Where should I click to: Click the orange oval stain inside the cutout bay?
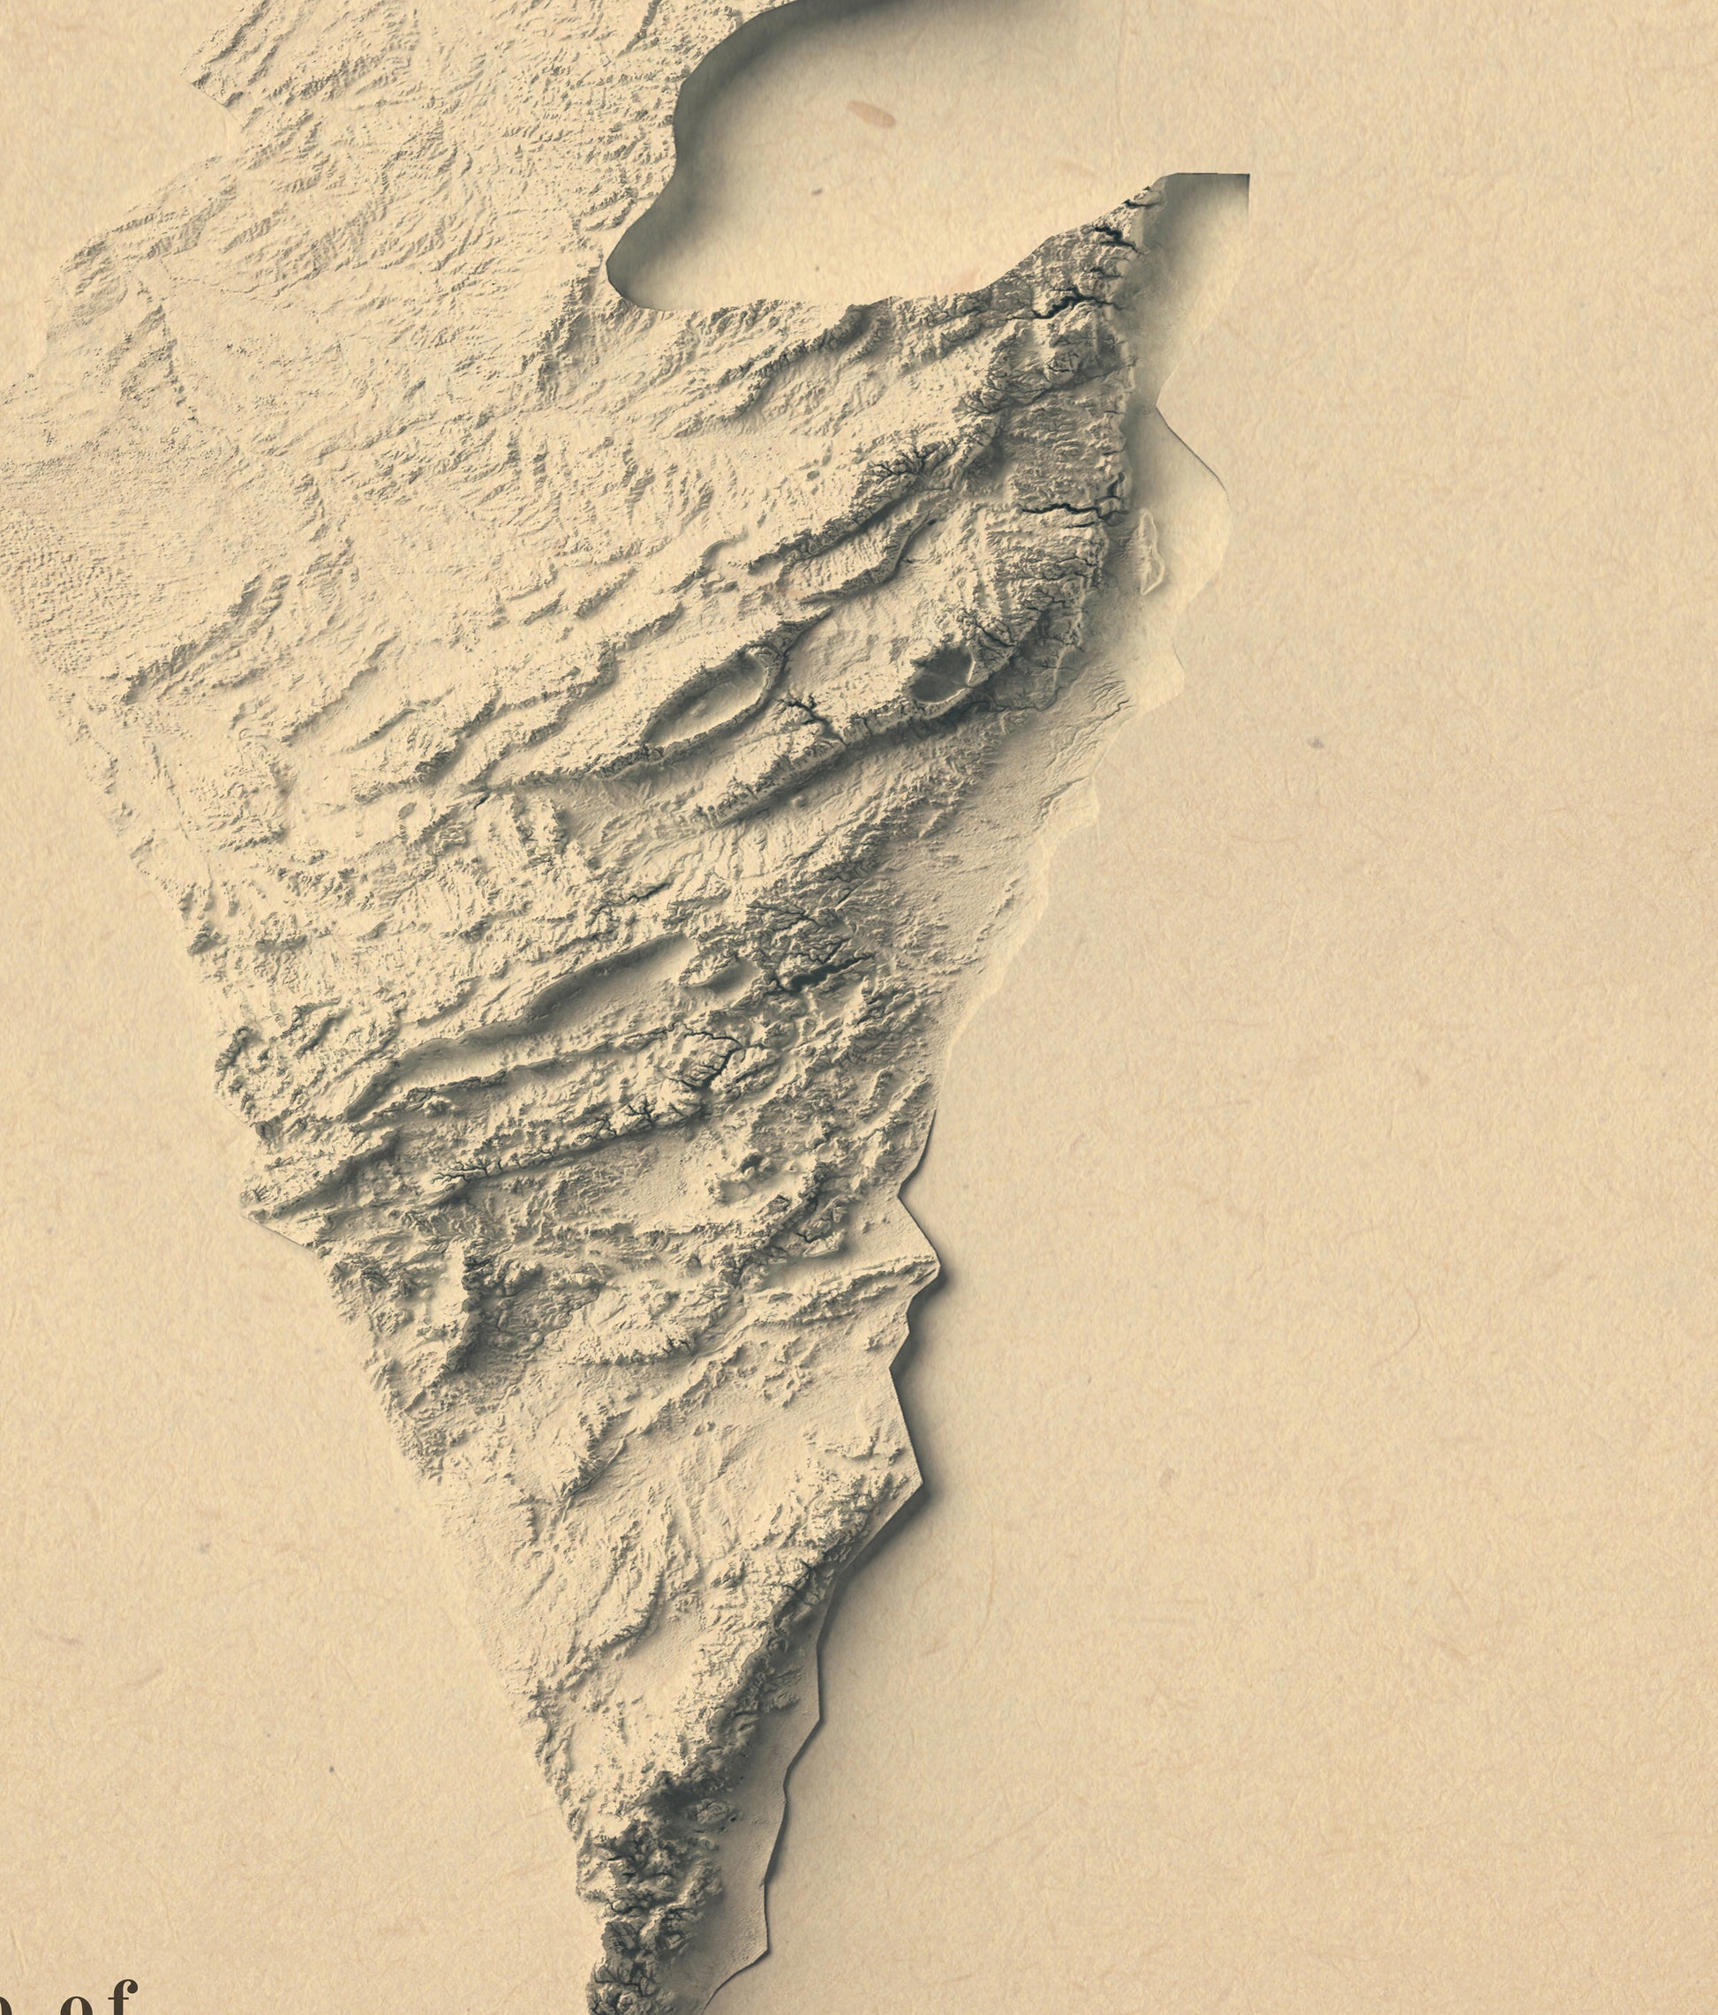click(871, 115)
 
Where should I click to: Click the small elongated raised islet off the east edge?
click(1149, 551)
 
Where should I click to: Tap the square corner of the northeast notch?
click(1247, 176)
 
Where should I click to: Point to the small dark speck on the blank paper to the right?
click(1315, 743)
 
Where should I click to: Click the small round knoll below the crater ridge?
click(800, 800)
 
